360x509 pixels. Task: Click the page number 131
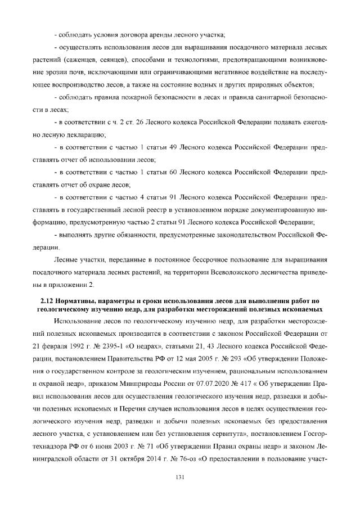click(x=180, y=478)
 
